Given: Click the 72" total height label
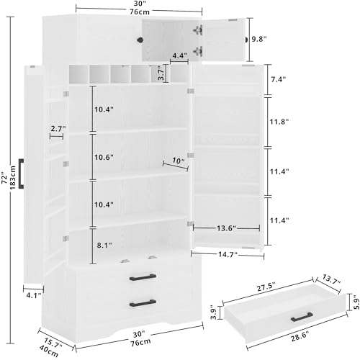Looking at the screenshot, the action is [5, 178].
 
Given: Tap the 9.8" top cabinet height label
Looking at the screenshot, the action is [259, 39].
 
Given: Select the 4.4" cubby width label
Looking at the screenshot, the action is [180, 55].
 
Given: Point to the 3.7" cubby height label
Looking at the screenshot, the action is [161, 73].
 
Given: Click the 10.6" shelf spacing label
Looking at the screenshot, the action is [104, 157].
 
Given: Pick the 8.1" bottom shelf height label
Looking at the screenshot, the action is [104, 246].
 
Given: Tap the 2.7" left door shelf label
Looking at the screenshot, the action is [58, 129].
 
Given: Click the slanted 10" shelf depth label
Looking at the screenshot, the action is [179, 161].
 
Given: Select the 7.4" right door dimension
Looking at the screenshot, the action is [279, 79].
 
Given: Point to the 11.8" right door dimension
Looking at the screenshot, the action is [279, 122].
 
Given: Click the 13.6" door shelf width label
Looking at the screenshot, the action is [226, 228].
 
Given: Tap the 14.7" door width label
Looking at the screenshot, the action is [228, 254].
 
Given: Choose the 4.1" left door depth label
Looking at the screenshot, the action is [34, 295].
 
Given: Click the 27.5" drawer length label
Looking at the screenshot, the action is [266, 287].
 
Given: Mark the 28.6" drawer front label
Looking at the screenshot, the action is [300, 336].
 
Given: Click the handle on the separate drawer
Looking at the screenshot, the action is [302, 317].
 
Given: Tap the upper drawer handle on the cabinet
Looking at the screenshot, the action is [143, 277].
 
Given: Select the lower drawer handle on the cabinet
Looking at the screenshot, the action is [143, 303].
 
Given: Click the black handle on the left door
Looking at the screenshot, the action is [21, 173].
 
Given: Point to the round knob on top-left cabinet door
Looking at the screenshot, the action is [140, 40].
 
